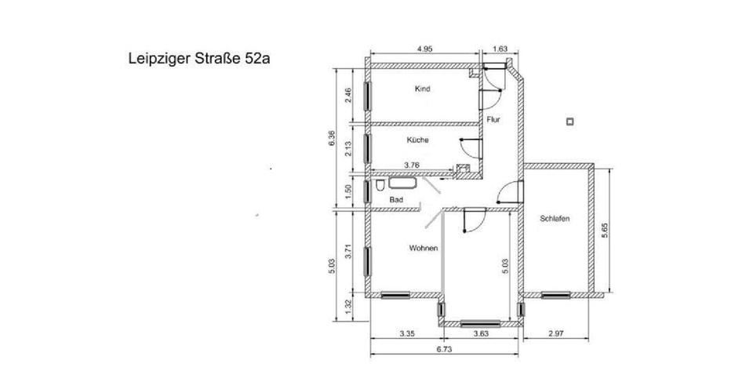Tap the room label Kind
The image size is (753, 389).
point(423,89)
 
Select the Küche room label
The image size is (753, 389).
point(417,140)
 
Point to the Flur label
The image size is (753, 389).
point(493,120)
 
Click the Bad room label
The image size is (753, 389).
point(396,201)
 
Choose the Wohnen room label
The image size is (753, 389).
point(423,248)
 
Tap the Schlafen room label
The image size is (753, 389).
point(555,219)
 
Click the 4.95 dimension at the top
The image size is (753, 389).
point(424,49)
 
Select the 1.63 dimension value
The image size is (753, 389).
point(500,49)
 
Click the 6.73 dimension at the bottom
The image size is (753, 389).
point(443,351)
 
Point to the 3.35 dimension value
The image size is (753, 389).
point(406,334)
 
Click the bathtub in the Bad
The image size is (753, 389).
point(403,185)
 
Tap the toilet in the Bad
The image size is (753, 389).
point(379,186)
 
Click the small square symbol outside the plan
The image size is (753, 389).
point(570,121)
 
